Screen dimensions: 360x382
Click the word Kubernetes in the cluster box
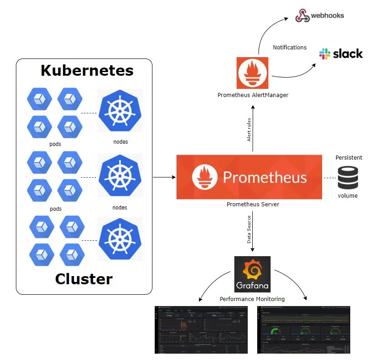pyautogui.click(x=87, y=71)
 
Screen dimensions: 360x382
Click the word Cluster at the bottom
pyautogui.click(x=83, y=278)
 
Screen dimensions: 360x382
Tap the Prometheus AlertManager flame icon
pyautogui.click(x=252, y=73)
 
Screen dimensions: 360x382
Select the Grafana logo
pyautogui.click(x=252, y=274)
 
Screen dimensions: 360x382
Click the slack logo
pyautogui.click(x=341, y=54)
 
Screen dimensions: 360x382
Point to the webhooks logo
pyautogui.click(x=320, y=15)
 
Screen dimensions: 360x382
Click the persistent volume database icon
pyautogui.click(x=348, y=177)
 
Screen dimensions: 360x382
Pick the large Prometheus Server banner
pyautogui.click(x=249, y=177)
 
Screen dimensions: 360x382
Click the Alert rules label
pyautogui.click(x=249, y=130)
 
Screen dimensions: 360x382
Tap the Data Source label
pyautogui.click(x=249, y=229)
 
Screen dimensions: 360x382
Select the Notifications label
pyautogui.click(x=289, y=47)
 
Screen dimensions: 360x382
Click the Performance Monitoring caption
pyautogui.click(x=252, y=299)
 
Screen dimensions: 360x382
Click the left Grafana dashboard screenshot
pyautogui.click(x=201, y=330)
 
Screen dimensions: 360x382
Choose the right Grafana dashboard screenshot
pyautogui.click(x=304, y=330)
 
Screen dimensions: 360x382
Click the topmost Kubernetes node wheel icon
pyautogui.click(x=120, y=111)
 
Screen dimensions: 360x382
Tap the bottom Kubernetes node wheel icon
pyautogui.click(x=120, y=240)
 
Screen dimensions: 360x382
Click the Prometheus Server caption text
pyautogui.click(x=253, y=204)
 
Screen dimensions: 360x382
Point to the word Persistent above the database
pyautogui.click(x=348, y=158)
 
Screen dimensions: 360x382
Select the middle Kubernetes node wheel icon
pyautogui.click(x=120, y=175)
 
